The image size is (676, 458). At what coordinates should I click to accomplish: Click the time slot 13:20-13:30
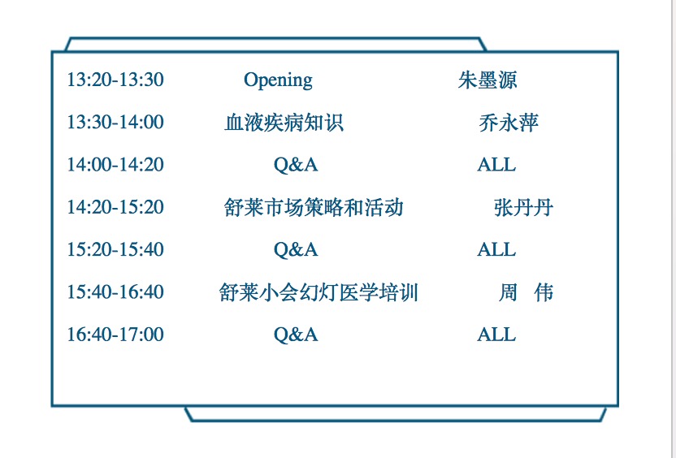click(x=115, y=80)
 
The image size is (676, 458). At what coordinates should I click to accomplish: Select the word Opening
click(x=278, y=80)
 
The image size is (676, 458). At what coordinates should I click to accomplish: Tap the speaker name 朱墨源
click(x=487, y=80)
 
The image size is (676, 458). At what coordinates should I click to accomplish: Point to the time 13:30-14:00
click(x=115, y=122)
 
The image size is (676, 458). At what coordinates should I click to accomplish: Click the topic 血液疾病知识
click(x=284, y=123)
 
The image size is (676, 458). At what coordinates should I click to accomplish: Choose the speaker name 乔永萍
click(x=509, y=123)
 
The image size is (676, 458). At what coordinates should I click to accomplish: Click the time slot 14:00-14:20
click(x=115, y=165)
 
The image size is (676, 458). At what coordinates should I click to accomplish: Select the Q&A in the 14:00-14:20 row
click(x=296, y=165)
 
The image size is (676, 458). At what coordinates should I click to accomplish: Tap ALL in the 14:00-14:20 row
click(x=496, y=165)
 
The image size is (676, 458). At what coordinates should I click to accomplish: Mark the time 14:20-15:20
click(x=115, y=207)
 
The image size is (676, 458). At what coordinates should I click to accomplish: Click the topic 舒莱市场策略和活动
click(x=314, y=207)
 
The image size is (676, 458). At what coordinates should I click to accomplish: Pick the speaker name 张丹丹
click(x=523, y=207)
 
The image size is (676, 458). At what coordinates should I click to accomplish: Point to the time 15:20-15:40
click(x=115, y=249)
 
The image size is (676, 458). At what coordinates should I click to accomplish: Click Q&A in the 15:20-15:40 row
click(x=296, y=250)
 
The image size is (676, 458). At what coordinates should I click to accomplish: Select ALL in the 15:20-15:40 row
click(x=496, y=249)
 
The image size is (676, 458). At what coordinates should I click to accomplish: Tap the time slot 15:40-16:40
click(x=115, y=292)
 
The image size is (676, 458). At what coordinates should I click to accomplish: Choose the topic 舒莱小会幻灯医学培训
click(x=318, y=292)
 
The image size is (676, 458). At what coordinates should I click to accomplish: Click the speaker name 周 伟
click(x=526, y=292)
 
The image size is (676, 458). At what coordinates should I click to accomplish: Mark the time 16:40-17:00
click(x=115, y=335)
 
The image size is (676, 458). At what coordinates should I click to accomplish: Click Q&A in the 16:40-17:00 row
click(x=296, y=335)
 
